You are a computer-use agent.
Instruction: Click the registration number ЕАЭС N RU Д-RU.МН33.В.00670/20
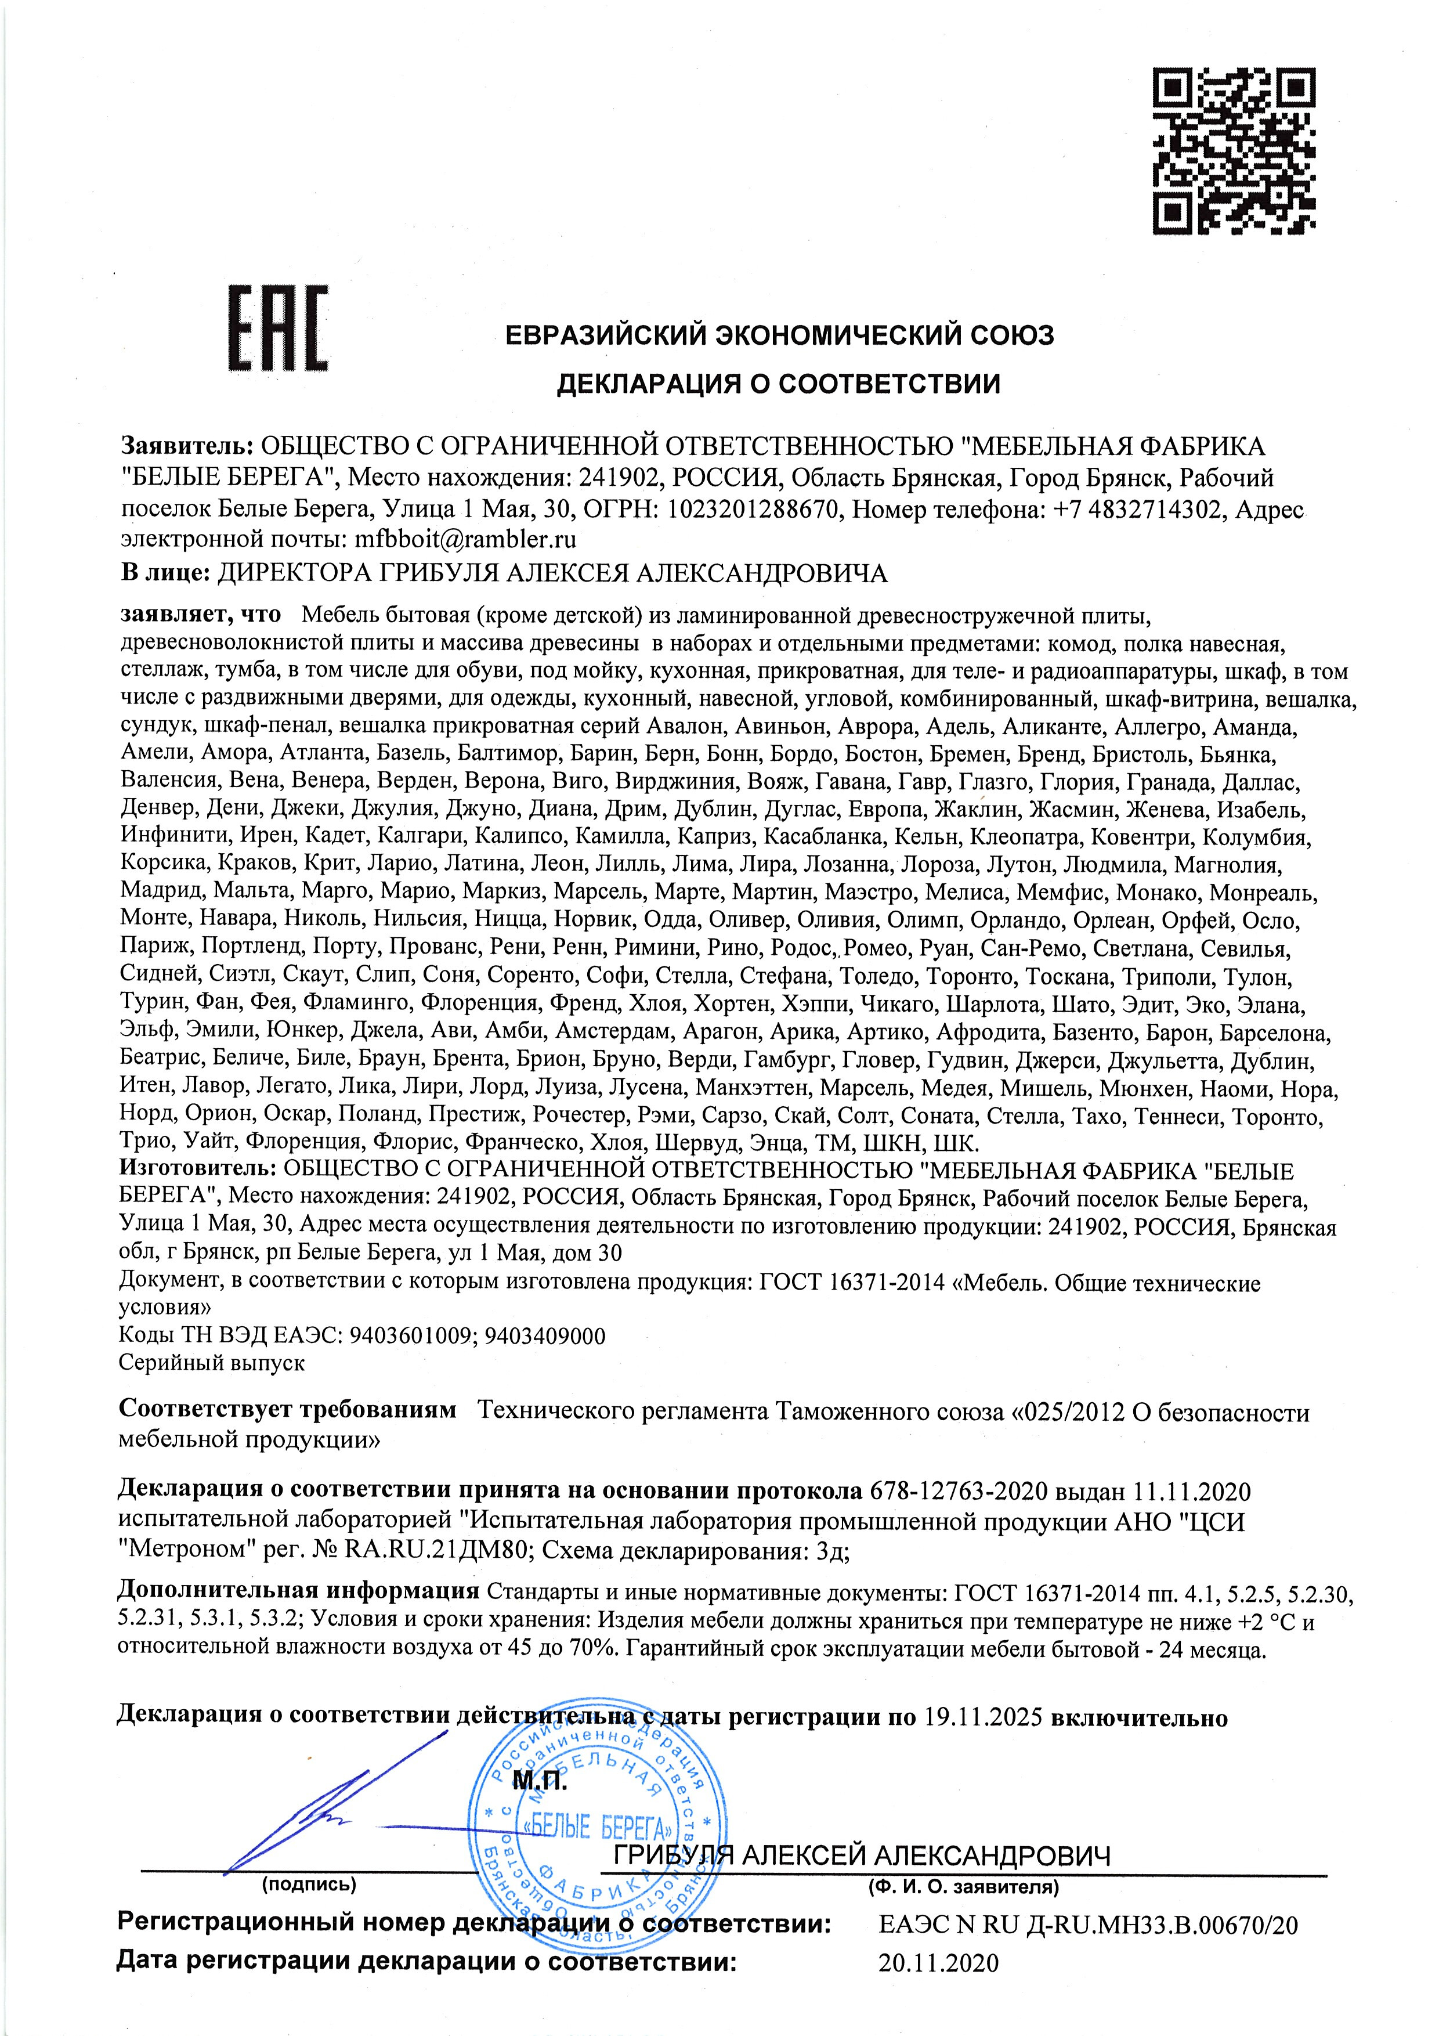point(1088,1918)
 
